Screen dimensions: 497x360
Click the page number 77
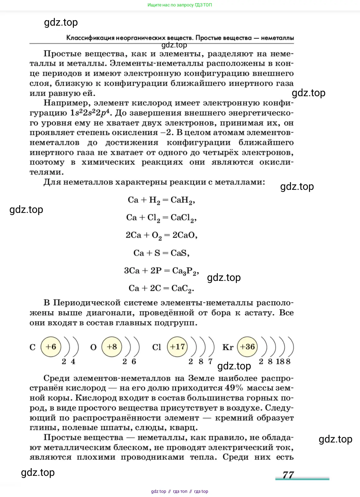tap(288, 475)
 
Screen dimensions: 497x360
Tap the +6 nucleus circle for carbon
tap(51, 347)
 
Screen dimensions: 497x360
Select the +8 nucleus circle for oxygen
tap(112, 347)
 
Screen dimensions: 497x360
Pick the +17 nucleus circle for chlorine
tap(177, 347)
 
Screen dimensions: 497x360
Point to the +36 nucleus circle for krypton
tap(247, 347)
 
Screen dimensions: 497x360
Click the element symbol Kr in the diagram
tap(228, 347)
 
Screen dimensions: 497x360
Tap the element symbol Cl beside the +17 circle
tap(157, 347)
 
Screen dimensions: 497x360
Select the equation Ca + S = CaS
tap(161, 253)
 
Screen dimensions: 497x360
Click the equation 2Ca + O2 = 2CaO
tap(161, 235)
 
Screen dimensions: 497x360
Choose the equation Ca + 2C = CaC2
tap(161, 288)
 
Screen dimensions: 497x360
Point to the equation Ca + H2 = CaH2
tap(161, 200)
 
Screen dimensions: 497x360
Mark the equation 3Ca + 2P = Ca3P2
tap(161, 271)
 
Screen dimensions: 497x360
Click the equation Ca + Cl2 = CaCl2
tap(161, 218)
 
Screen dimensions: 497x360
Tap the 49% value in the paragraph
tap(234, 388)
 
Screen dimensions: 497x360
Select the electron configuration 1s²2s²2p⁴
tap(90, 113)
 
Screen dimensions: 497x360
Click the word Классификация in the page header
tap(86, 38)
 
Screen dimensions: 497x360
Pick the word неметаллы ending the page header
tap(277, 38)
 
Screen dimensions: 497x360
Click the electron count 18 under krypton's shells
tap(280, 361)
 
